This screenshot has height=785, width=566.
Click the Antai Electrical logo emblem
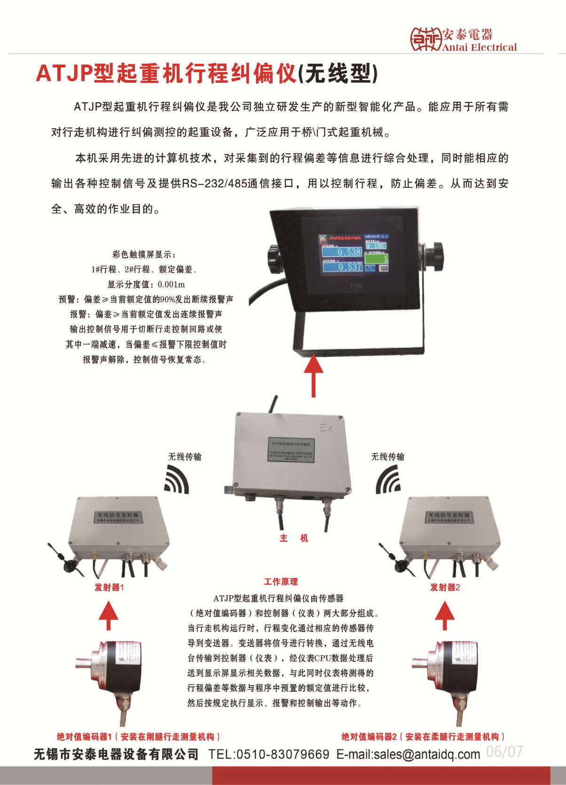tap(425, 39)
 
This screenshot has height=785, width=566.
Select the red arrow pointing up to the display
tap(314, 375)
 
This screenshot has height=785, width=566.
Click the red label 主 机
tap(294, 538)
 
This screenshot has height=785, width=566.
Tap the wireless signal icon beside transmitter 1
tap(178, 480)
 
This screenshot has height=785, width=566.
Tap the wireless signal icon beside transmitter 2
tap(388, 480)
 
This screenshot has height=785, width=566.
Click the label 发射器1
tap(109, 587)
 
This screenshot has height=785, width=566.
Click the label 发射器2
tap(445, 587)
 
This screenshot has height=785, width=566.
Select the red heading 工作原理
tap(281, 582)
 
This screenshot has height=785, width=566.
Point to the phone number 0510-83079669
tap(283, 754)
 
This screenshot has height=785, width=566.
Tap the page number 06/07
tap(504, 752)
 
